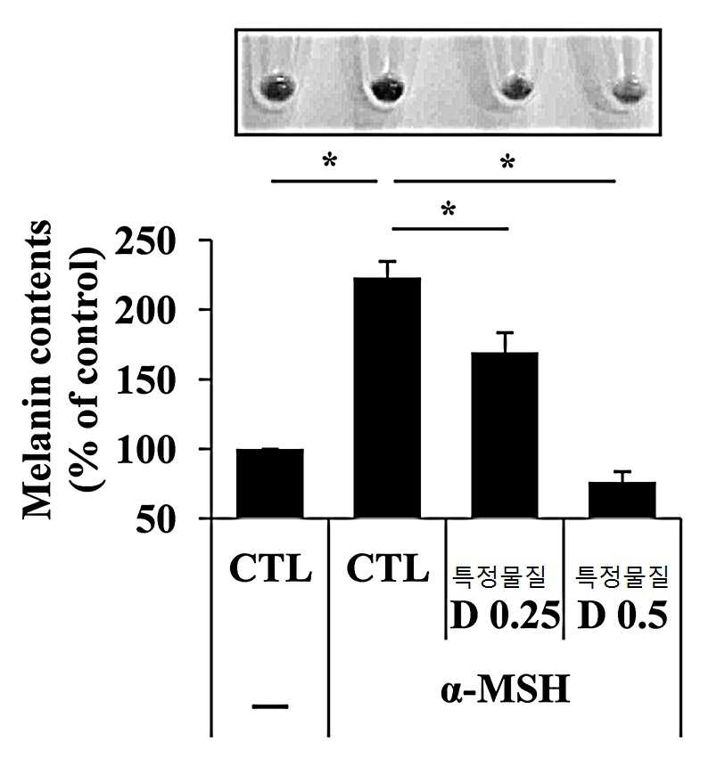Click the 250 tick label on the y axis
coord(144,241)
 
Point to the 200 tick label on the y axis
coord(144,310)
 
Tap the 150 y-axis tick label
coord(144,379)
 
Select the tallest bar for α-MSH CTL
coord(387,397)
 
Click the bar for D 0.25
coord(505,435)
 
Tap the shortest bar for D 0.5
coord(622,500)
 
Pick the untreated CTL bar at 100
coord(270,484)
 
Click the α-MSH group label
coord(505,689)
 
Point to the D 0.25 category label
coord(505,615)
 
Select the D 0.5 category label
coord(622,615)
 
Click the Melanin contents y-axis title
coord(37,370)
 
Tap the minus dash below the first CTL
coord(270,706)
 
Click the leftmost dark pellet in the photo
coord(277,88)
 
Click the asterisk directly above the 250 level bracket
coord(448,209)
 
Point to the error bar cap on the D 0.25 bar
coord(505,332)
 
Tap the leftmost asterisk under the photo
coord(330,160)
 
